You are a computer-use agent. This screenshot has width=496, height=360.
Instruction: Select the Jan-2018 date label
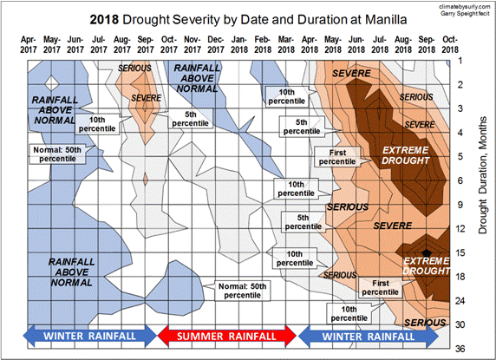[240, 44]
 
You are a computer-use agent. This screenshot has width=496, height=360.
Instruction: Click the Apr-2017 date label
[28, 44]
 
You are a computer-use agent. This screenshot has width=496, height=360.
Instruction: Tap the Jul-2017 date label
[99, 44]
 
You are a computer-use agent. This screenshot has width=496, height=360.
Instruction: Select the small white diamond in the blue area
[51, 83]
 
